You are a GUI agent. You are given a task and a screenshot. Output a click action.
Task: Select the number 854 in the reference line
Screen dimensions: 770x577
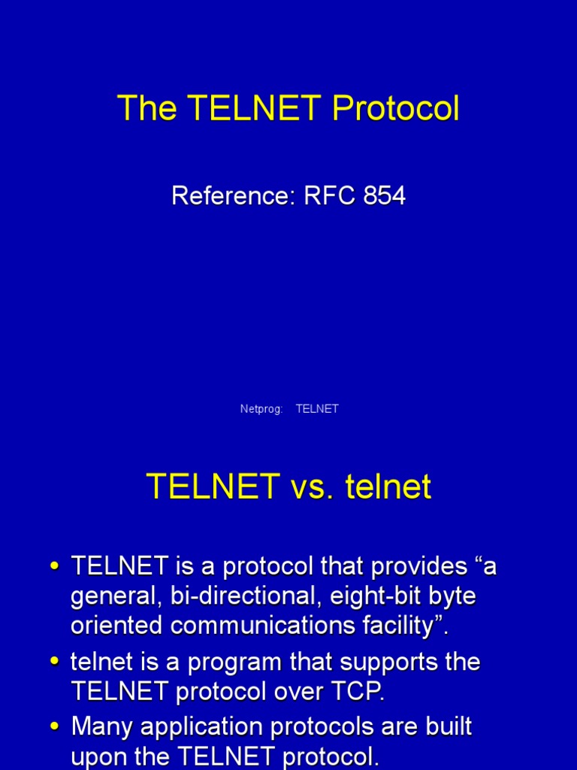[385, 196]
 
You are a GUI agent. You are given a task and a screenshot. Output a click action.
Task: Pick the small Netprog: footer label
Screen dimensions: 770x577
[261, 409]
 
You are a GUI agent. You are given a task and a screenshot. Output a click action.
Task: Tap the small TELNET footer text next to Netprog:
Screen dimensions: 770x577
[317, 409]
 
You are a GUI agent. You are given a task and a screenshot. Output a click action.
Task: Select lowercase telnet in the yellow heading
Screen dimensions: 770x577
[388, 487]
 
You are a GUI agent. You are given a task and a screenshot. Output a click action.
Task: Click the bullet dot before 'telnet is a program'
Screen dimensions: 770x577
[54, 662]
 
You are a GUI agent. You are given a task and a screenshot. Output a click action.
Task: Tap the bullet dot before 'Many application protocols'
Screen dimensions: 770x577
[54, 727]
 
